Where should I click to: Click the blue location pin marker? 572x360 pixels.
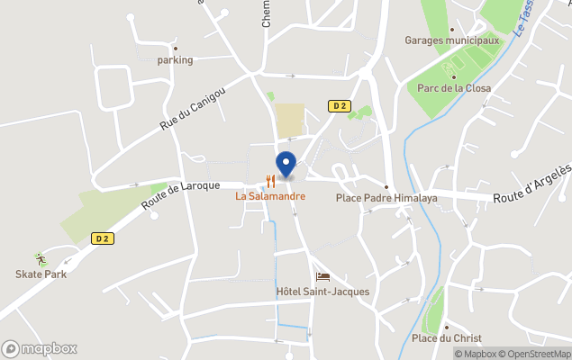[x=286, y=164]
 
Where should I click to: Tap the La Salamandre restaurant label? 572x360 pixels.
[x=270, y=195]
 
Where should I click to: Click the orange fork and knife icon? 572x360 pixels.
[x=270, y=181]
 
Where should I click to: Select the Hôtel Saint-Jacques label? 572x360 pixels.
[x=322, y=292]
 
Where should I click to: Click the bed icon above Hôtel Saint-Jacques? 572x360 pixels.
[x=322, y=276]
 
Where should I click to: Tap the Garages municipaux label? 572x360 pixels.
[x=452, y=40]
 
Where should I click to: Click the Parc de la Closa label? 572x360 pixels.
[x=453, y=88]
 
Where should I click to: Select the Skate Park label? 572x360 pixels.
[x=40, y=274]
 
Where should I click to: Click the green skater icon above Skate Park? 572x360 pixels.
[x=40, y=259]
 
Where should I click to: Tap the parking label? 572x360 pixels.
[x=175, y=60]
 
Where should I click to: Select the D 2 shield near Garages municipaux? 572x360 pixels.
[x=339, y=105]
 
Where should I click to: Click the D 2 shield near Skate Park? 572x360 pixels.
[x=103, y=238]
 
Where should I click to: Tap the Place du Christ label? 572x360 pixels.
[x=446, y=338]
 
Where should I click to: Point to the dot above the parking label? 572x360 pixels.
[x=175, y=49]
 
